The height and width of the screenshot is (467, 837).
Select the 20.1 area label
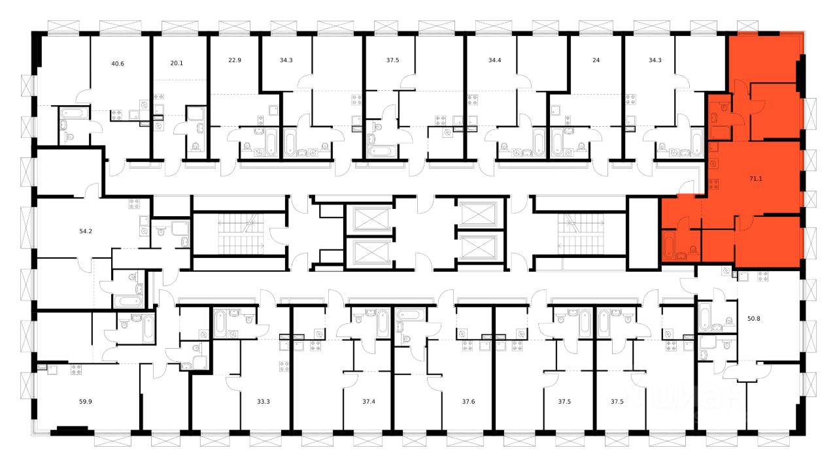[x=177, y=65]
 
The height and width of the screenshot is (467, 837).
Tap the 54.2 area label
[x=86, y=231]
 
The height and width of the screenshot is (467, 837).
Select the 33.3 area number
[x=264, y=402]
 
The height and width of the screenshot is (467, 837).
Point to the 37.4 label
[x=368, y=402]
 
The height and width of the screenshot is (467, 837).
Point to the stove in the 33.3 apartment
[x=285, y=366]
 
